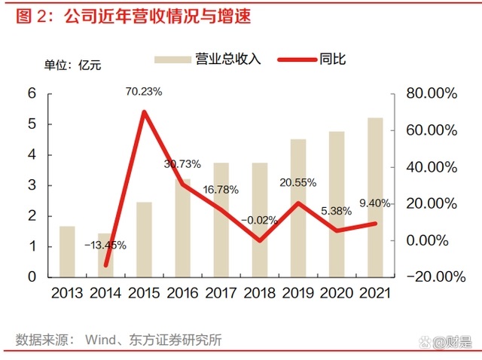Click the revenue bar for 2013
(67, 251)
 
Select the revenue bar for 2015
(144, 239)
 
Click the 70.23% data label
(145, 92)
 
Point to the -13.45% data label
(105, 245)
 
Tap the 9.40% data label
(376, 203)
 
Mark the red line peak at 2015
(144, 112)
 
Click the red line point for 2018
(260, 240)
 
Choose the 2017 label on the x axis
(221, 293)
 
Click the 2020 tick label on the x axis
(336, 293)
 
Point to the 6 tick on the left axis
(32, 93)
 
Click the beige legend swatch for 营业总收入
(172, 59)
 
